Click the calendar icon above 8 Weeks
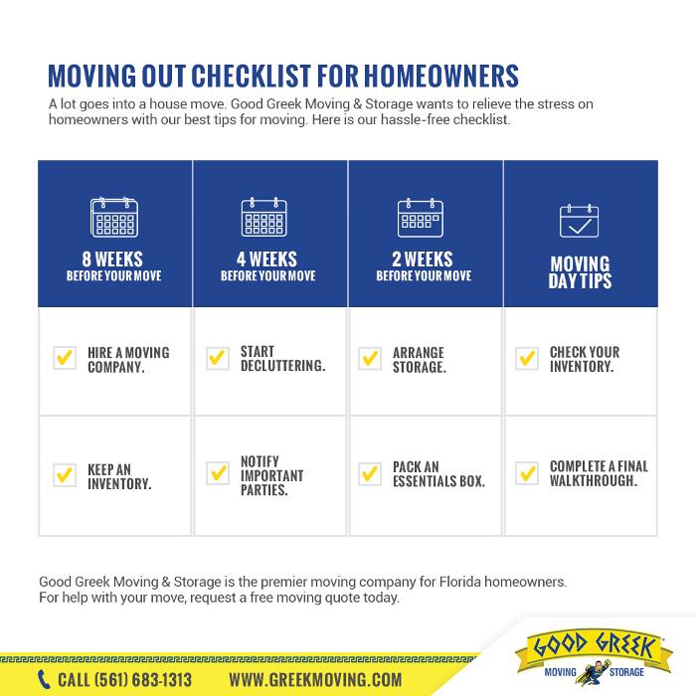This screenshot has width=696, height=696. (114, 217)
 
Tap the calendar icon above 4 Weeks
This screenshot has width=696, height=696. (269, 217)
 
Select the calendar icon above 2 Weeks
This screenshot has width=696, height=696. (425, 217)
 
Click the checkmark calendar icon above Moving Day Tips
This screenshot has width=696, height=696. (580, 221)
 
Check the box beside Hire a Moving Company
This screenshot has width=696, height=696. (64, 359)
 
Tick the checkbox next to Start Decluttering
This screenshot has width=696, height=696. (218, 359)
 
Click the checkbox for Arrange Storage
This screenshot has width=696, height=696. (370, 359)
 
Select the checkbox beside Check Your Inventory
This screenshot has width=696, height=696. (527, 359)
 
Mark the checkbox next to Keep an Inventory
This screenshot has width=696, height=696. (64, 475)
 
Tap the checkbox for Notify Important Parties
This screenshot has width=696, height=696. (218, 475)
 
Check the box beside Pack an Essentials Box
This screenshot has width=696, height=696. (370, 475)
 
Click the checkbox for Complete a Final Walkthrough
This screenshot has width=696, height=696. (527, 475)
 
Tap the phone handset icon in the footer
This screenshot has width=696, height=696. (44, 680)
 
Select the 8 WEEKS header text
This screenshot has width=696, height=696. (114, 261)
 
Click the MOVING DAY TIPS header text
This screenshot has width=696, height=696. (581, 271)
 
